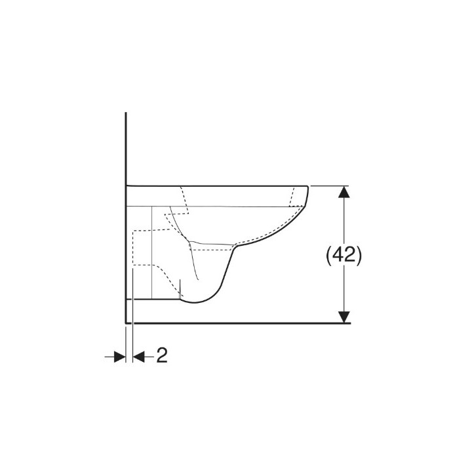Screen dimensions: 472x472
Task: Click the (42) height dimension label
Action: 344,255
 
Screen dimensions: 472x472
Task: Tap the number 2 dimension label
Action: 162,356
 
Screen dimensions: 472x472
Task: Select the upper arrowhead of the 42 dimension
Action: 344,191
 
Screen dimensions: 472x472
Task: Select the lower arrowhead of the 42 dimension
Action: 344,317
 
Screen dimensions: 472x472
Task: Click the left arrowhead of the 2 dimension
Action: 119,356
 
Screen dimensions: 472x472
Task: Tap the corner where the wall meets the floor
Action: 125,323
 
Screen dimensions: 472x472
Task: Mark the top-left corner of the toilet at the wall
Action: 126,186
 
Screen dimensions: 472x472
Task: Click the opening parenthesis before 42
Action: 330,255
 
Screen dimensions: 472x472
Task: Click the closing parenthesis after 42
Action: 358,255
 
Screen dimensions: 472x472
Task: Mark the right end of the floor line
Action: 350,323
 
